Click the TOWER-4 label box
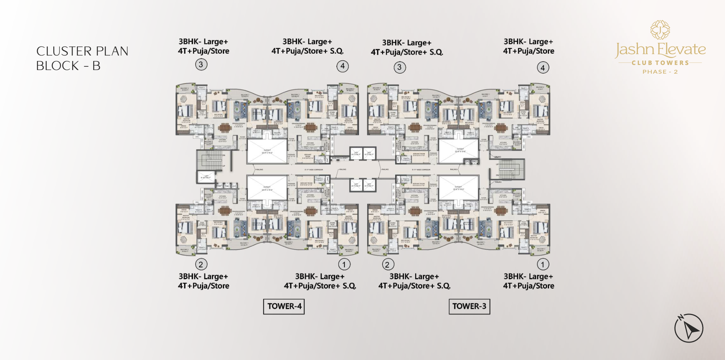coord(284,306)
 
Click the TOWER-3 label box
coord(469,306)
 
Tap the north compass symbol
coord(689,328)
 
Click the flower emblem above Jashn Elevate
coord(660,30)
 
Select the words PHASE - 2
coord(660,72)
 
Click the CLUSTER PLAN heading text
coord(82,51)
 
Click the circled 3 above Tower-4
coord(201,65)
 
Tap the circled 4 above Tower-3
coord(543,67)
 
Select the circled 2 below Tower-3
coord(388,264)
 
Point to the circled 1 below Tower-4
coord(344,264)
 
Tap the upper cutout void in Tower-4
coord(267,151)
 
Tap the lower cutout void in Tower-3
coord(458,188)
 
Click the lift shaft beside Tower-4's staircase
coord(205,177)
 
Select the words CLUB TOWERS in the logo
coord(660,63)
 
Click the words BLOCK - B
coord(68,66)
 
